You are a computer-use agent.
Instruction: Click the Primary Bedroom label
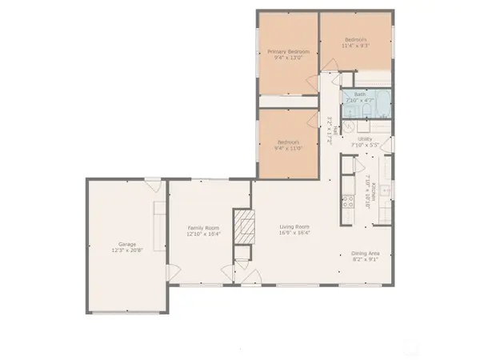[x=289, y=51]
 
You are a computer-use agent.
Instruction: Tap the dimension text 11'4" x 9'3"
[x=356, y=46]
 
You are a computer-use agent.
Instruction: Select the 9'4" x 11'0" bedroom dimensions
[x=289, y=147]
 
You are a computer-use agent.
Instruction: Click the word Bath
[x=361, y=93]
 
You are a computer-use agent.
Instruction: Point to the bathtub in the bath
[x=380, y=103]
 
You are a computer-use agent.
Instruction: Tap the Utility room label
[x=366, y=138]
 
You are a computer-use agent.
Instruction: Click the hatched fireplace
[x=243, y=226]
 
